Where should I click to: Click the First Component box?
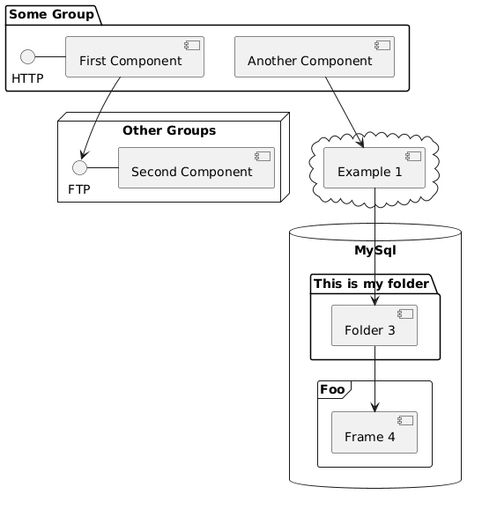point(135,57)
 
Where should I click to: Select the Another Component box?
point(315,57)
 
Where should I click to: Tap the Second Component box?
point(197,168)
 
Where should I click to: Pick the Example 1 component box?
point(374,168)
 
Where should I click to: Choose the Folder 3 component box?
point(374,325)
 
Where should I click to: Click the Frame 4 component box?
point(374,432)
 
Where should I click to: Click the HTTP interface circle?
point(27,57)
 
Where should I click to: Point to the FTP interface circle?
point(79,168)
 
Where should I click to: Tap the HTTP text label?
point(27,78)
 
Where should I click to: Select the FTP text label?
point(79,189)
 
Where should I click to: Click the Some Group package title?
point(52,15)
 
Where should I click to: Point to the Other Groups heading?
point(169,130)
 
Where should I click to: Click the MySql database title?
point(375,250)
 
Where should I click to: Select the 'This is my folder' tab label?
point(371,284)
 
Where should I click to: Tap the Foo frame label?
point(332,389)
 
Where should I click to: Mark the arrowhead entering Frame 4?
point(374,408)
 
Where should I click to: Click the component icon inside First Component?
point(192,46)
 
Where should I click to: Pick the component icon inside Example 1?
point(413,157)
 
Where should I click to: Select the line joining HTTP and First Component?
point(50,57)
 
